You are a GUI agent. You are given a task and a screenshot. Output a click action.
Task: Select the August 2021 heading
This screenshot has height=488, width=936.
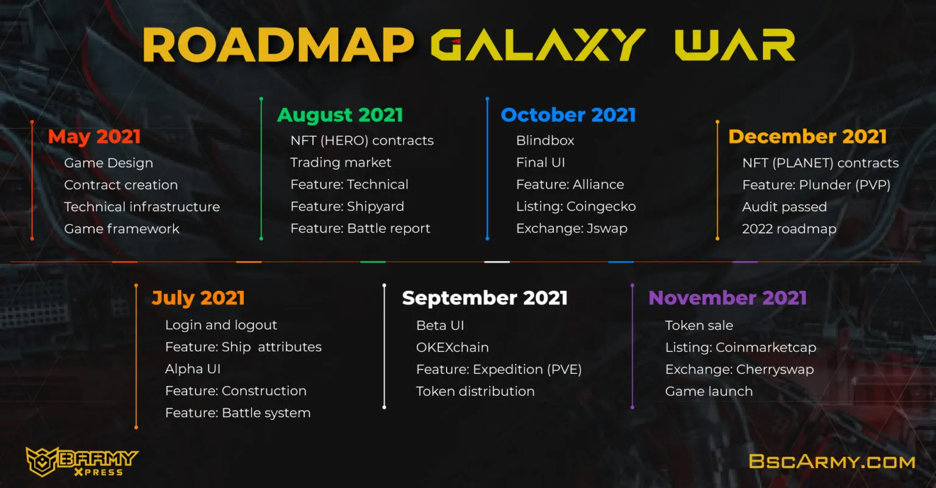(x=340, y=115)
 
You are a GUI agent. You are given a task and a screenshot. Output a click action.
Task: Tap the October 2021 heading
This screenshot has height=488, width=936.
(x=569, y=115)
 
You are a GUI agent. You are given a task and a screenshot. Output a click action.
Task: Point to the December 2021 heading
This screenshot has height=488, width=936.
(x=807, y=137)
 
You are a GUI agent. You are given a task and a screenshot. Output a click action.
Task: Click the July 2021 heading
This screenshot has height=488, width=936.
(x=198, y=298)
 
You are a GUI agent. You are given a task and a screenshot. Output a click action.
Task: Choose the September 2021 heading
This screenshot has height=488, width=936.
(x=484, y=298)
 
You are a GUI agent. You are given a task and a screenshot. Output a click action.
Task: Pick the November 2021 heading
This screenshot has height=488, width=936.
(x=728, y=298)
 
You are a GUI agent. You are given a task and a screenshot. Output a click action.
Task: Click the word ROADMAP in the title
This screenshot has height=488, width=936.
(x=278, y=45)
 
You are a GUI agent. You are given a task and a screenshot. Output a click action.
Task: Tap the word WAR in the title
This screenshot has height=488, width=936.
(x=735, y=45)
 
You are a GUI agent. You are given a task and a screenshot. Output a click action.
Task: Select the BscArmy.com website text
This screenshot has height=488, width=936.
(x=832, y=462)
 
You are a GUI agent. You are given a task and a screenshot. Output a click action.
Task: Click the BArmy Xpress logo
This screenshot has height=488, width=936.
(x=82, y=462)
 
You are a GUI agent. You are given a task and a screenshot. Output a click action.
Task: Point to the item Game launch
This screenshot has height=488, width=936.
(x=709, y=392)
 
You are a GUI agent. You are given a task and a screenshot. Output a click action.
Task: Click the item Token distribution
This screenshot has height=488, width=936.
(x=475, y=392)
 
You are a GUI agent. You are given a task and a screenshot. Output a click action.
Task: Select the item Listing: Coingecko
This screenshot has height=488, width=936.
(x=576, y=207)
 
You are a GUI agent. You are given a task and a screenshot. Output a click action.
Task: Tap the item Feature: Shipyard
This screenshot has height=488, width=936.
(x=347, y=207)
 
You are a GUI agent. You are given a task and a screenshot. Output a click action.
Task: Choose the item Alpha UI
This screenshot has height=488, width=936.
(x=193, y=369)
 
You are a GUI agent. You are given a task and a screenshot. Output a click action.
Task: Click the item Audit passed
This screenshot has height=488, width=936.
(x=784, y=207)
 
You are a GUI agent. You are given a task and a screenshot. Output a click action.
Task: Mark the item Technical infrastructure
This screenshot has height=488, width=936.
(x=142, y=207)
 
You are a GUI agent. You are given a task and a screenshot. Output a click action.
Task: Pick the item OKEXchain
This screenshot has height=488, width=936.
(x=453, y=348)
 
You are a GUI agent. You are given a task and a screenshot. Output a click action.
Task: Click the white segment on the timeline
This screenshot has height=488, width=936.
(x=497, y=262)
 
